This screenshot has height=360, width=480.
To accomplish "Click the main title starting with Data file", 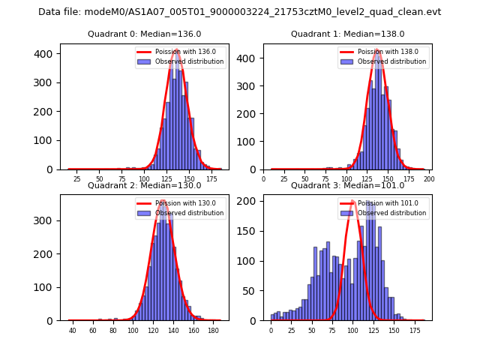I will [240, 12].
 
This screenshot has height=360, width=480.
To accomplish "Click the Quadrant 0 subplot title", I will [144, 34].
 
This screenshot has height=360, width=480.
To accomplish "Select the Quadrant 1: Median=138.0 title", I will [347, 34].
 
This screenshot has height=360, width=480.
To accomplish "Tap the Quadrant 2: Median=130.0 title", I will [144, 186].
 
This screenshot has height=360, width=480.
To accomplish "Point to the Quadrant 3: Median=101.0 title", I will [347, 186].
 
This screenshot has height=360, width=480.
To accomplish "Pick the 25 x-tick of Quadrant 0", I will [77, 179].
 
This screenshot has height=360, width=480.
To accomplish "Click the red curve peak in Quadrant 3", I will [352, 201].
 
